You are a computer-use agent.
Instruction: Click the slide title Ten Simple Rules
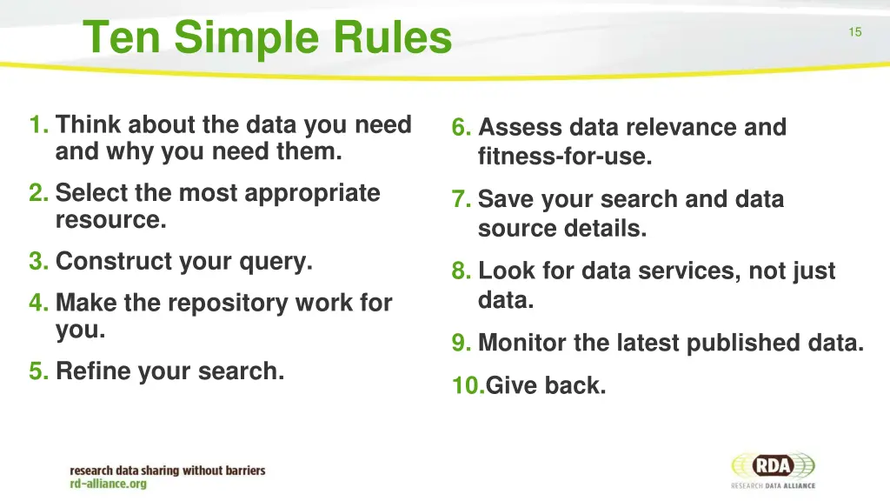(268, 37)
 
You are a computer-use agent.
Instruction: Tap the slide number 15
(854, 32)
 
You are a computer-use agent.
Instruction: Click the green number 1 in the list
(39, 125)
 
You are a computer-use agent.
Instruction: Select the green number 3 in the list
(39, 261)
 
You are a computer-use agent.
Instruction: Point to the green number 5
(39, 371)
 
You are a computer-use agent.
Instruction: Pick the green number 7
(462, 200)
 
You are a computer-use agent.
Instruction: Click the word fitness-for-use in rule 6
(565, 157)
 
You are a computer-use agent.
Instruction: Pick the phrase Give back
(545, 386)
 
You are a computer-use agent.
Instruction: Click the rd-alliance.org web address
(109, 484)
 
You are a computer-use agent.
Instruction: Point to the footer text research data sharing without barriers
(168, 471)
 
